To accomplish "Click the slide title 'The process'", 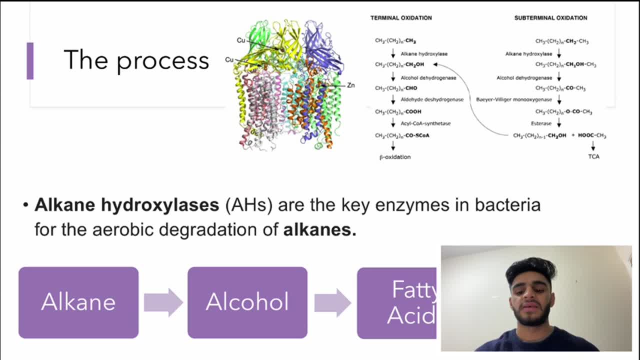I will click(x=136, y=60).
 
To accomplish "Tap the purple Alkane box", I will click(x=78, y=302).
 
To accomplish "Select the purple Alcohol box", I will click(x=247, y=302).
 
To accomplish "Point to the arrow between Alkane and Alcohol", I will click(x=163, y=302).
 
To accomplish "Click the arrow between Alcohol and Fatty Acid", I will click(x=332, y=302).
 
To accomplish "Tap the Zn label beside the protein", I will click(x=350, y=85).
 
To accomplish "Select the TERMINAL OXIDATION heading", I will click(x=401, y=18).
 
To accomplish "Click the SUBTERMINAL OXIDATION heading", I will click(x=550, y=18).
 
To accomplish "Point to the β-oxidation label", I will click(x=395, y=157).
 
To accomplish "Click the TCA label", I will click(x=593, y=156).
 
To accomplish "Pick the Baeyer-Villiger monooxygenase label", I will click(x=514, y=99).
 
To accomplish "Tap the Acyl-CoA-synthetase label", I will click(x=425, y=123).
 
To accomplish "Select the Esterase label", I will click(x=541, y=123).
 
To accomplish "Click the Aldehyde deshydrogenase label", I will click(x=432, y=99).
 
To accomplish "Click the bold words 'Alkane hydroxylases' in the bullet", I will click(x=126, y=204).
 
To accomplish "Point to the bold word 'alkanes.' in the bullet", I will click(x=319, y=229).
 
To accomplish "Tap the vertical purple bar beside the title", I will click(x=30, y=60).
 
